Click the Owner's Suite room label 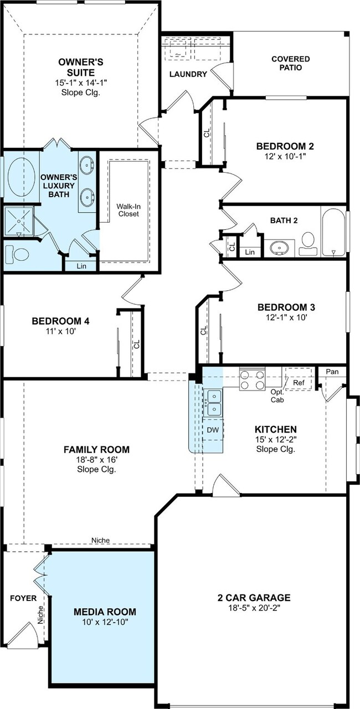pos(81,67)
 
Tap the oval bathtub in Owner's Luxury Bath pos(21,177)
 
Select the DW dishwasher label pos(213,430)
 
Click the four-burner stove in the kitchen pos(252,380)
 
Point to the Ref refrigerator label pos(299,383)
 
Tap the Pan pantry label pos(332,372)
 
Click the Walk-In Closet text pos(128,210)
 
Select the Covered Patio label pos(291,63)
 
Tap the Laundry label pos(188,74)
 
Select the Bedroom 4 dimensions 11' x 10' pos(60,331)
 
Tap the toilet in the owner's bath pos(18,254)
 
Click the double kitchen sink pos(214,402)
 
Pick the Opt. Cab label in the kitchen pos(277,396)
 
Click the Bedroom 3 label pos(286,307)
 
